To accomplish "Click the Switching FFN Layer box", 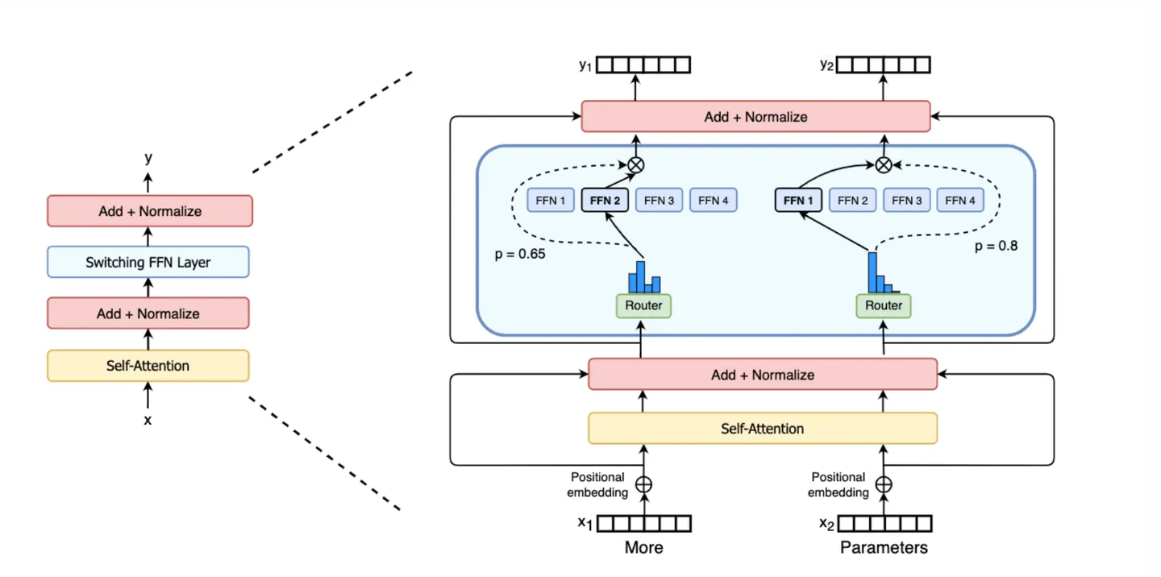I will (x=148, y=262).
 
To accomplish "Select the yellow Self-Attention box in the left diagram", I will (x=148, y=365).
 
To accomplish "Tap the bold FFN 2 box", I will (x=605, y=200).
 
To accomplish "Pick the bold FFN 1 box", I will (x=798, y=200).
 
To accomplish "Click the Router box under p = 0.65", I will (x=643, y=305).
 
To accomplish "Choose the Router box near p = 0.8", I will (x=884, y=305).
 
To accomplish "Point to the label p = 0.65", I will (x=519, y=254).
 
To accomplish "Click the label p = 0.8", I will (x=996, y=246).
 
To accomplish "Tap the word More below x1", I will (x=644, y=548).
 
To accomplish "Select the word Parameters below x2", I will (x=884, y=548).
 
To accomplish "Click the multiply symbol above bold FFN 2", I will (x=636, y=164).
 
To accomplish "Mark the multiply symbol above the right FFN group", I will (x=884, y=164).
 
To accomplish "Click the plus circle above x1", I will (x=643, y=484).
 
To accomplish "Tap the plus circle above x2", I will (x=884, y=484).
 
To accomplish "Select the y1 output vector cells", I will (x=644, y=65).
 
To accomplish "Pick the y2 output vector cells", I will (x=884, y=65).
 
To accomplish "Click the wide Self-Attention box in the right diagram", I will (x=763, y=428).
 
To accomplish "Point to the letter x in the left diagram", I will (x=148, y=420).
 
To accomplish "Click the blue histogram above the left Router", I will (x=644, y=277).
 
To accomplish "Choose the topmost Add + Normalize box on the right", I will (x=755, y=117).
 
